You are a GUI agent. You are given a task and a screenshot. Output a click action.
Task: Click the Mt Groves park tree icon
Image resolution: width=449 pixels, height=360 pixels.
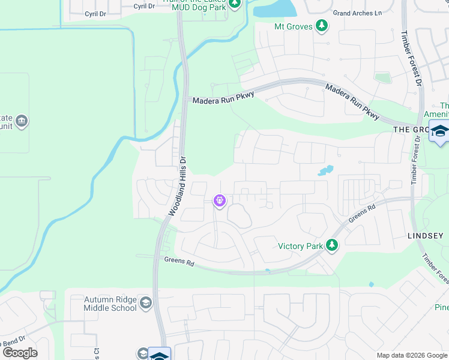pyautogui.click(x=322, y=26)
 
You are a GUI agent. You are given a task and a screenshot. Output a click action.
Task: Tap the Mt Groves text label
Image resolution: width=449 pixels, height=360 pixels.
pyautogui.click(x=292, y=26)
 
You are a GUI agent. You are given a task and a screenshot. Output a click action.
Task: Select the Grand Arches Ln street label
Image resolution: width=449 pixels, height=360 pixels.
pyautogui.click(x=357, y=13)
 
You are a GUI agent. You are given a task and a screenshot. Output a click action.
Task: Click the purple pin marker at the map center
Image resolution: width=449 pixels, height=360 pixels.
pyautogui.click(x=220, y=200)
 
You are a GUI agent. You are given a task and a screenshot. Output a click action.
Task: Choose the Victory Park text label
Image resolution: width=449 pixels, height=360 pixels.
pyautogui.click(x=301, y=246)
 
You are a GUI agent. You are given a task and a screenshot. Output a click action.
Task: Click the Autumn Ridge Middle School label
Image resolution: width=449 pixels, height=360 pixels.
pyautogui.click(x=110, y=304)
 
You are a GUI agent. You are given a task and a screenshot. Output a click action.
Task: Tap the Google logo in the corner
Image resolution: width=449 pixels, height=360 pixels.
pyautogui.click(x=19, y=353)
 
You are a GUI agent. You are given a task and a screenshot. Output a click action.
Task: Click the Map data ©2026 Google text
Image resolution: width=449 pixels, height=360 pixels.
pyautogui.click(x=411, y=355)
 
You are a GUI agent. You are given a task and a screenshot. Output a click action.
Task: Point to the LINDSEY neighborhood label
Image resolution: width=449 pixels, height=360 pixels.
pyautogui.click(x=426, y=236)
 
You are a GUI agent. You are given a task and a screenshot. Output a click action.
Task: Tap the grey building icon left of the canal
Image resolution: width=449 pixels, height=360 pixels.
pyautogui.click(x=22, y=121)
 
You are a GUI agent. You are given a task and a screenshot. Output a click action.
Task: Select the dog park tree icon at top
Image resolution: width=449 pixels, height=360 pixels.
pyautogui.click(x=235, y=4)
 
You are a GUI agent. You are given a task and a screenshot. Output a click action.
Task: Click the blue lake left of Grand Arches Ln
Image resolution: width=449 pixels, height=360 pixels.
pyautogui.click(x=275, y=8)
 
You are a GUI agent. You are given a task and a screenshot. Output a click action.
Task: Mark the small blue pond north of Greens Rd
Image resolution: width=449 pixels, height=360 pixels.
pyautogui.click(x=325, y=171)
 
